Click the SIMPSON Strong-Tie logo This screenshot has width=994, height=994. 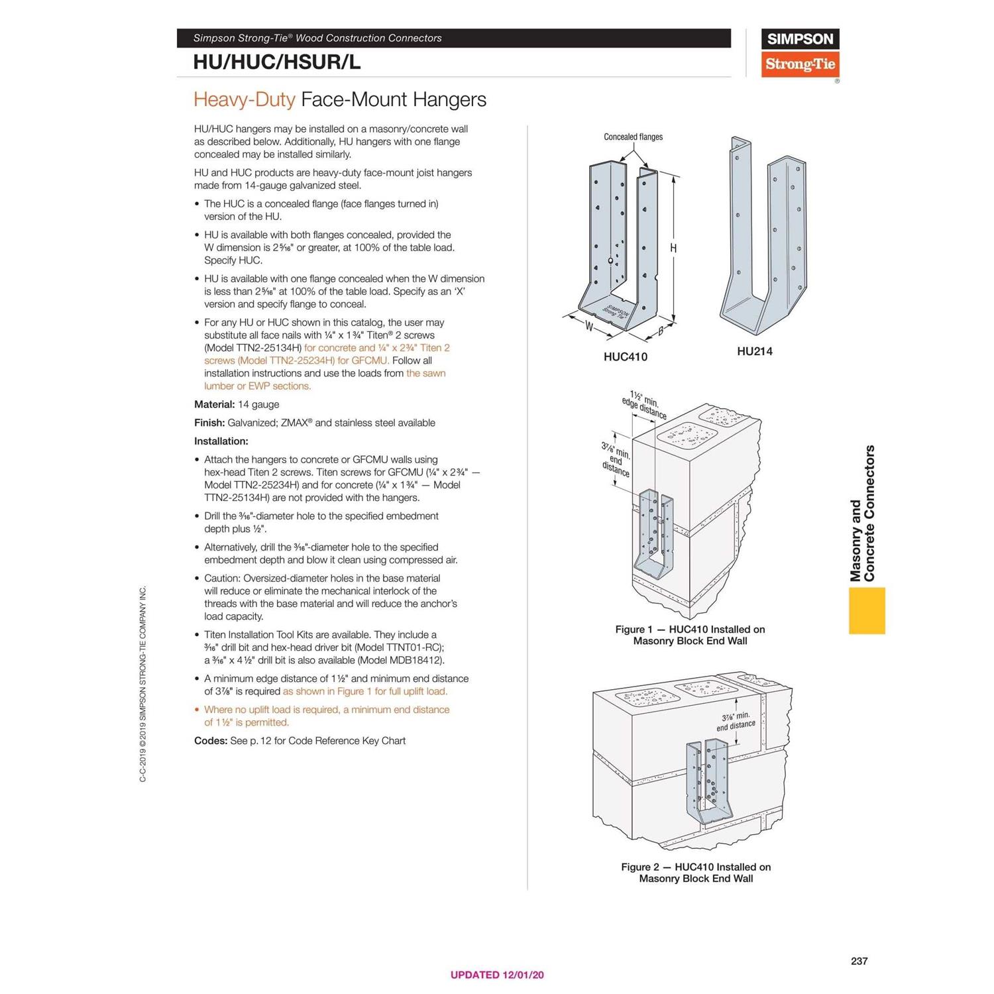[x=800, y=53]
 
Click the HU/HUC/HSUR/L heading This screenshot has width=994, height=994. [x=276, y=62]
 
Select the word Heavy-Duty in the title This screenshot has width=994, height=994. [x=244, y=100]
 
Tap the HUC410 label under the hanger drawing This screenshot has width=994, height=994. [x=625, y=357]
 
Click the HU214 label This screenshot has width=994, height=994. [x=754, y=352]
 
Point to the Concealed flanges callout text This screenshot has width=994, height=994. [x=633, y=137]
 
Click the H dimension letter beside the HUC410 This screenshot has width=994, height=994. [x=673, y=248]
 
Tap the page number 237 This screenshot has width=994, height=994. [x=859, y=961]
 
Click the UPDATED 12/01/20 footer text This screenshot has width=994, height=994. [x=497, y=975]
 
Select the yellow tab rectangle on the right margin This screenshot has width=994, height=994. [x=867, y=610]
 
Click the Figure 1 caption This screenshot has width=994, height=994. [x=690, y=635]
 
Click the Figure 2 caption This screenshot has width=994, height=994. [x=696, y=873]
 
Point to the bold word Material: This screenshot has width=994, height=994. [x=214, y=405]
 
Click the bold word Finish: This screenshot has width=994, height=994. [x=209, y=423]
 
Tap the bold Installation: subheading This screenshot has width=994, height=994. [x=221, y=441]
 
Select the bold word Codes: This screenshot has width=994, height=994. [x=210, y=741]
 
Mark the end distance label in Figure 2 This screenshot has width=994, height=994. [x=736, y=721]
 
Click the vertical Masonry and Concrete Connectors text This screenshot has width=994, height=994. [x=863, y=514]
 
